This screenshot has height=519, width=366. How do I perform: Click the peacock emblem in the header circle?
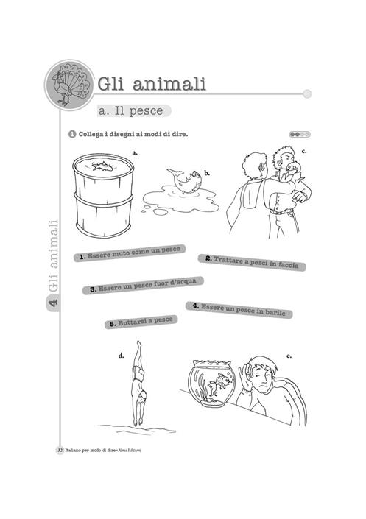(x=71, y=85)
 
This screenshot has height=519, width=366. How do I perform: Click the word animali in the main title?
(x=169, y=84)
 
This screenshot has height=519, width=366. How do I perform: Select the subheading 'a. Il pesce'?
(x=130, y=111)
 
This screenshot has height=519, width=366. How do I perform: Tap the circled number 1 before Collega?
(x=72, y=135)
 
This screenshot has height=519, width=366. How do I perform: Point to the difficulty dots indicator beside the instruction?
(x=300, y=135)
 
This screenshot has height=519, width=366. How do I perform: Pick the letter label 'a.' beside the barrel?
(x=135, y=153)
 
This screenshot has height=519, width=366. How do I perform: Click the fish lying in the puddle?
(x=186, y=180)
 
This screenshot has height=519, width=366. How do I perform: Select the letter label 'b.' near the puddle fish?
(x=207, y=173)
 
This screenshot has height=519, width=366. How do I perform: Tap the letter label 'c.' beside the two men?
(x=304, y=152)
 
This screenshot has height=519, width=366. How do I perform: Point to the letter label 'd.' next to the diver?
(x=122, y=356)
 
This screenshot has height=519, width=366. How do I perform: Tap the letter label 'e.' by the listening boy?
(x=289, y=356)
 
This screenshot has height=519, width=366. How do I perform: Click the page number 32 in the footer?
(x=60, y=450)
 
